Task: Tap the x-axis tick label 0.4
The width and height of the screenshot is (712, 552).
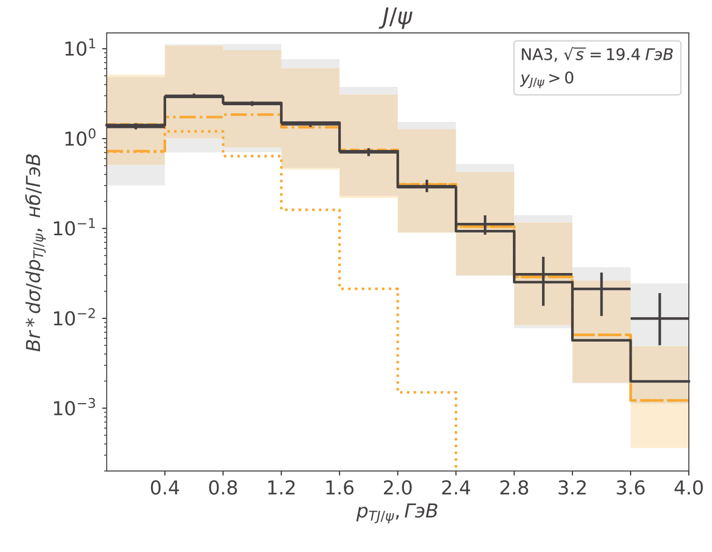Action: click(165, 488)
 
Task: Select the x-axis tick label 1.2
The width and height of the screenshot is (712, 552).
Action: click(281, 488)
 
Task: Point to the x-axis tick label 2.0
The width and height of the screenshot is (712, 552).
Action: click(398, 488)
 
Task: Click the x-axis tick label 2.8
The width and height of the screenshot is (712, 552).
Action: click(514, 488)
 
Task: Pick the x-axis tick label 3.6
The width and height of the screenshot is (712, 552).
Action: click(631, 488)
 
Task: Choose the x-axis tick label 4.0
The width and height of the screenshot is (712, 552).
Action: click(688, 488)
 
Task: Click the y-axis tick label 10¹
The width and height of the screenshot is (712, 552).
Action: click(80, 49)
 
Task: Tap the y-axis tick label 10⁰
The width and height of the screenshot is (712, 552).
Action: click(80, 139)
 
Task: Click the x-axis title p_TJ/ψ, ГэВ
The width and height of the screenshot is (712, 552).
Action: click(397, 512)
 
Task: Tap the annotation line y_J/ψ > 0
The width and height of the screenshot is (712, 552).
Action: click(546, 79)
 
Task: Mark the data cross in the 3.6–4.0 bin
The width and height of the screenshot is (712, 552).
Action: click(660, 319)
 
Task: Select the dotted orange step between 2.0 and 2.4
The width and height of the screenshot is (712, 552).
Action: click(427, 392)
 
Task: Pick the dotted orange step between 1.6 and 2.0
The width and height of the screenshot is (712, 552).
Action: click(368, 289)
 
